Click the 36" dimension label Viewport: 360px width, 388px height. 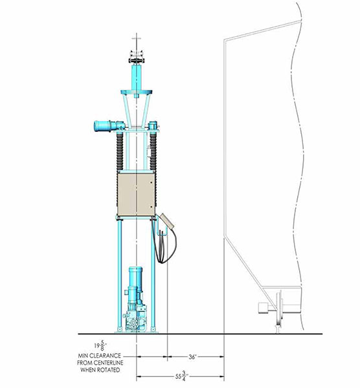click(192, 357)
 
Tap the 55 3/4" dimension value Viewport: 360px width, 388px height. click(182, 376)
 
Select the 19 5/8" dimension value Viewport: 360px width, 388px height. click(99, 345)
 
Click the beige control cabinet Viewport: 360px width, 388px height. click(136, 195)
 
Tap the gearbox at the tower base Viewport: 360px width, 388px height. click(136, 318)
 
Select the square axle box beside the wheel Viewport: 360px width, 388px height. click(263, 308)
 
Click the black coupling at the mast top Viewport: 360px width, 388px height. click(136, 60)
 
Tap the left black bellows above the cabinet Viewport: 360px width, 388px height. click(120, 151)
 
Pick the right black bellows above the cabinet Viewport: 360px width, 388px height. click(153, 151)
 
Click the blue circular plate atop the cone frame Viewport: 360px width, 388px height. click(136, 92)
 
